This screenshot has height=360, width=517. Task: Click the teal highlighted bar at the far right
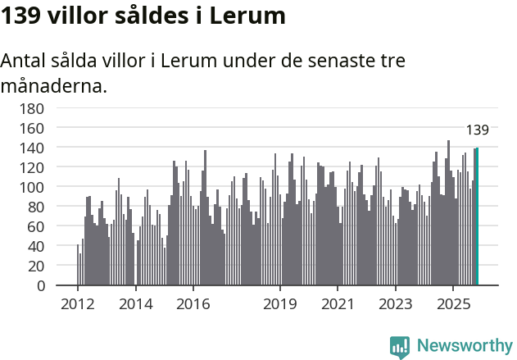pyautogui.click(x=477, y=216)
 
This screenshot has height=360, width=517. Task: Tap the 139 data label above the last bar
pyautogui.click(x=477, y=130)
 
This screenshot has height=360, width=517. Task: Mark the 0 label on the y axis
pyautogui.click(x=39, y=285)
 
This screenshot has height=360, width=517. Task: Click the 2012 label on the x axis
pyautogui.click(x=78, y=304)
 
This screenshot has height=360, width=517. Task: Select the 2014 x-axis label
pyautogui.click(x=135, y=304)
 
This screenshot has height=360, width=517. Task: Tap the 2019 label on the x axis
pyautogui.click(x=279, y=304)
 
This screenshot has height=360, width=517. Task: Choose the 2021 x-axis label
pyautogui.click(x=337, y=304)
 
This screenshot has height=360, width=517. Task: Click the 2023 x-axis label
pyautogui.click(x=395, y=304)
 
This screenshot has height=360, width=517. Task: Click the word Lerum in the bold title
pyautogui.click(x=247, y=16)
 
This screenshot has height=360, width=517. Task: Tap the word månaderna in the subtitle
pyautogui.click(x=54, y=85)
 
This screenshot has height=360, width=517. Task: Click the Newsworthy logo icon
pyautogui.click(x=400, y=346)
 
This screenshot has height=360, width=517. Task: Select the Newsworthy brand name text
pyautogui.click(x=464, y=346)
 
